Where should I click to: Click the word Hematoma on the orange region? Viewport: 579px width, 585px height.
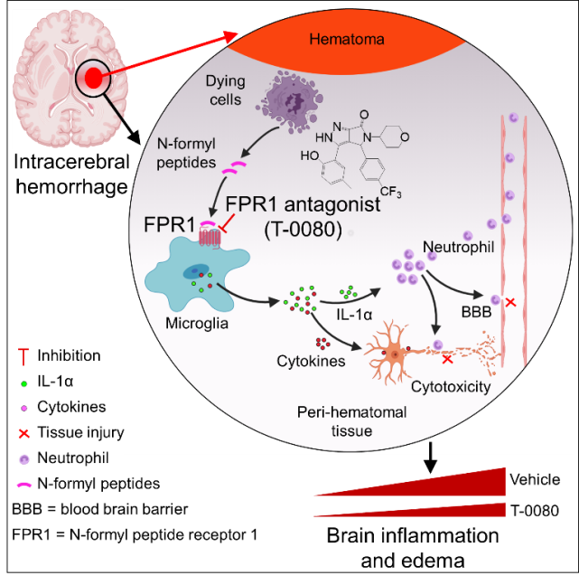[347, 40]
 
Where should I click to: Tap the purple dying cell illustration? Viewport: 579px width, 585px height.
[291, 102]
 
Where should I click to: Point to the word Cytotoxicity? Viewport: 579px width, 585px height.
[450, 387]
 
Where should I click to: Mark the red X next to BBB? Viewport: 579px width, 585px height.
[510, 301]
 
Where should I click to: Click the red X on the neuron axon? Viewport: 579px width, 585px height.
[446, 359]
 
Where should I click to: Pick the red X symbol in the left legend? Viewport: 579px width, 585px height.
[24, 433]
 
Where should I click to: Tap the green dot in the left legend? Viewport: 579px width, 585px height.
[24, 384]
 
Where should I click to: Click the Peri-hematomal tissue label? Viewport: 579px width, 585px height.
[351, 421]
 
